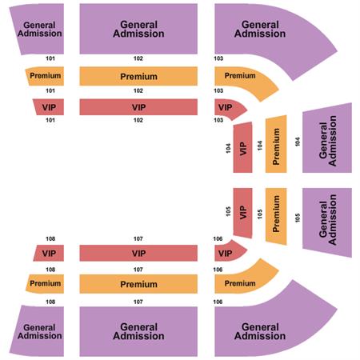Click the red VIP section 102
(138, 107)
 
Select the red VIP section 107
(138, 253)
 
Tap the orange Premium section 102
(138, 76)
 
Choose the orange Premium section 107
(138, 284)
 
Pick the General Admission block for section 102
(138, 29)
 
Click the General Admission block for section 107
(138, 331)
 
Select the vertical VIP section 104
(242, 147)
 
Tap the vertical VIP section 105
(242, 213)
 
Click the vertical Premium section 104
(276, 144)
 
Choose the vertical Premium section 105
(276, 216)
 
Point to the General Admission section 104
(327, 138)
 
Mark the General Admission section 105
(327, 222)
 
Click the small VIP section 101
(49, 107)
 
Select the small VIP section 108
(49, 253)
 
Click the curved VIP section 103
(228, 108)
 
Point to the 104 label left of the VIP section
(228, 148)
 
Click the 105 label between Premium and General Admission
(298, 218)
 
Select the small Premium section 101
(46, 76)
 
